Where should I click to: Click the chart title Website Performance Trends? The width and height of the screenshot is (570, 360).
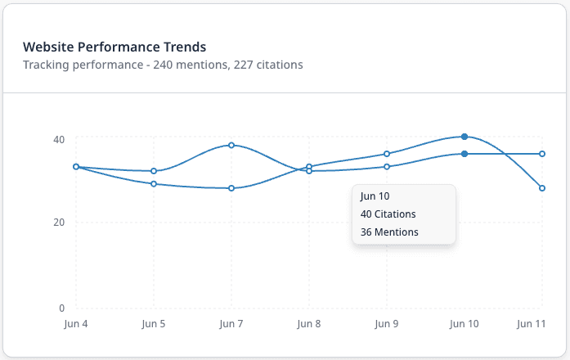click(114, 47)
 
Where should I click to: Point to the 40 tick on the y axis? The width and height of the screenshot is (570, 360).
click(58, 138)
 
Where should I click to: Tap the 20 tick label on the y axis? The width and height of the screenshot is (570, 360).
click(58, 223)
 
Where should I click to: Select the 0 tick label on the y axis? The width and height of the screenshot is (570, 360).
click(61, 308)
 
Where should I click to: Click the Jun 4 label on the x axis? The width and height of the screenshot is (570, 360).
click(76, 324)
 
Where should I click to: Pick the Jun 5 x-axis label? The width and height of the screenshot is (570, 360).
click(154, 324)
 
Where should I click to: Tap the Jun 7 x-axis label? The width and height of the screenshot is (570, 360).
click(231, 324)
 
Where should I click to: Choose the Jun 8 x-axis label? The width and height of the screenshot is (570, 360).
click(309, 324)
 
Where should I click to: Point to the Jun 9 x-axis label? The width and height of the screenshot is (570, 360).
click(387, 324)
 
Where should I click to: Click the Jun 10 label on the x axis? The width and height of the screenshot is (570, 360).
click(464, 324)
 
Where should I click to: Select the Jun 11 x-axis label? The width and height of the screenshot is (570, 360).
click(531, 324)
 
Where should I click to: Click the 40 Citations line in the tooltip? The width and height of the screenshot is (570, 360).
click(388, 214)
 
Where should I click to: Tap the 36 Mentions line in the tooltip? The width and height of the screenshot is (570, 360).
click(389, 232)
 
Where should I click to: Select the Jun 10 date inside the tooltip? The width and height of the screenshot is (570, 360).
click(375, 196)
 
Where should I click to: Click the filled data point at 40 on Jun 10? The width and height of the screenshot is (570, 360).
click(465, 137)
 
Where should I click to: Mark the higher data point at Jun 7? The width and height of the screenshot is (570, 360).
click(231, 145)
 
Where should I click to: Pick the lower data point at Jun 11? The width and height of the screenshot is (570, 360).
click(542, 188)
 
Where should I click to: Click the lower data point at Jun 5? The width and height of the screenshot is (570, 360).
click(154, 184)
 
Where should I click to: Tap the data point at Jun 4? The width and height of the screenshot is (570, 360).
click(76, 167)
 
